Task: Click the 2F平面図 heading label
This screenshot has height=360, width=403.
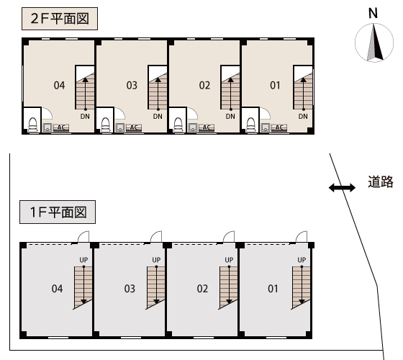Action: click(x=60, y=19)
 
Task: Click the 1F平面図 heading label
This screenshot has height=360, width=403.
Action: click(x=58, y=212)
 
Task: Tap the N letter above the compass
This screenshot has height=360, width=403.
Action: click(x=373, y=14)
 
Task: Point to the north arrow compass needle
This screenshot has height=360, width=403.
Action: click(x=375, y=42)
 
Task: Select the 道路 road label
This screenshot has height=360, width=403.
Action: click(x=381, y=181)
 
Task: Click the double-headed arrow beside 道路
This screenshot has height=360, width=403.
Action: click(x=342, y=187)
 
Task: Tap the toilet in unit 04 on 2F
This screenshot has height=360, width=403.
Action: click(x=32, y=125)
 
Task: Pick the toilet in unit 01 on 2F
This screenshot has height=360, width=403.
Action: click(x=251, y=125)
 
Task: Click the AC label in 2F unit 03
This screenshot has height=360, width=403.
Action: click(x=134, y=127)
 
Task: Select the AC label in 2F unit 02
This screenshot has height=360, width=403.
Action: click(x=207, y=127)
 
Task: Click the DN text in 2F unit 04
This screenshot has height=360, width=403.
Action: click(x=85, y=117)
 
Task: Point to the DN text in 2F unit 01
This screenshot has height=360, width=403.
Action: click(x=303, y=117)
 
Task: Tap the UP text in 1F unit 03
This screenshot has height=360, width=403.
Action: click(x=156, y=260)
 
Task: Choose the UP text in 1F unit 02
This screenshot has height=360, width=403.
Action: click(x=229, y=260)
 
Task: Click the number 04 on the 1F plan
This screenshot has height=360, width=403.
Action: click(x=57, y=289)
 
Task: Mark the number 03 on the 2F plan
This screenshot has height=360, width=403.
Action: click(x=132, y=86)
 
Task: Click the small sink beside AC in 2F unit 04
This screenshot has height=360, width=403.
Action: click(x=47, y=127)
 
